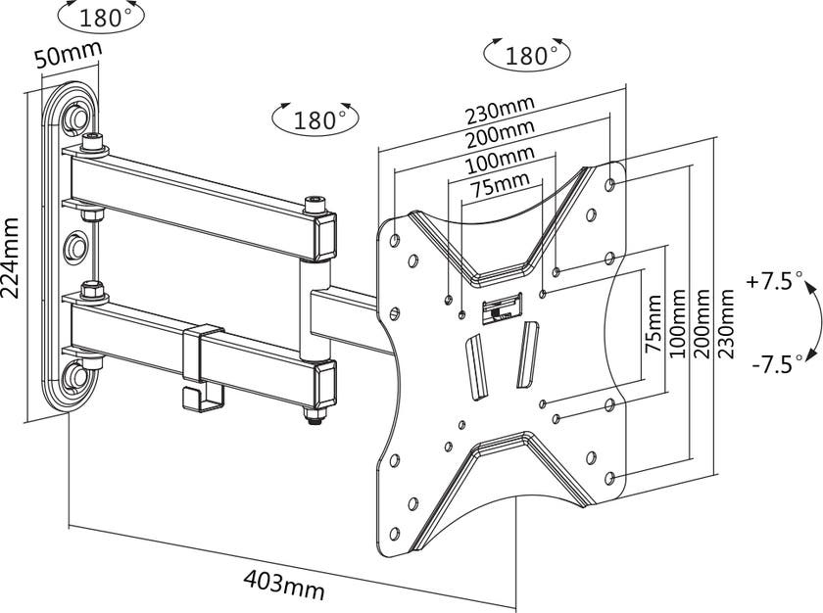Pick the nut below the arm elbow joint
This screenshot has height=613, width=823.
[315, 416]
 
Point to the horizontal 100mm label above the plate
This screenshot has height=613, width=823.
[500, 157]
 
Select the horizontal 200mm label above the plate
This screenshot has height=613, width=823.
[500, 131]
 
